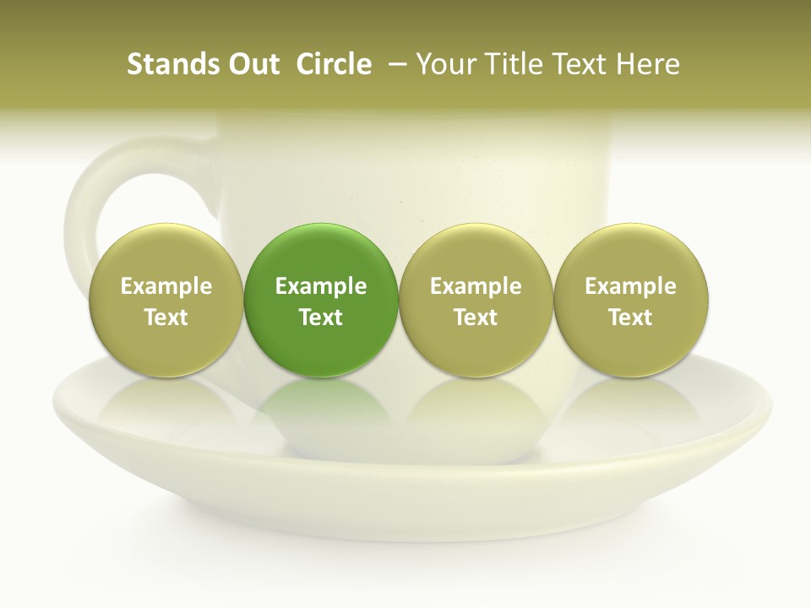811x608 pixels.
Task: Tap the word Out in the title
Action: [x=251, y=64]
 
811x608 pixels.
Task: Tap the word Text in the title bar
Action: [x=579, y=64]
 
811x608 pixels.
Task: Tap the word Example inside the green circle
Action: [x=321, y=286]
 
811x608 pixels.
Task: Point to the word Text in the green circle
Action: [x=321, y=318]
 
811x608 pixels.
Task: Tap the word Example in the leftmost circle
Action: [x=166, y=286]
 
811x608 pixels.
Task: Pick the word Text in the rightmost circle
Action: [x=631, y=318]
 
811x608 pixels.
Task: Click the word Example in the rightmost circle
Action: [x=631, y=286]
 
